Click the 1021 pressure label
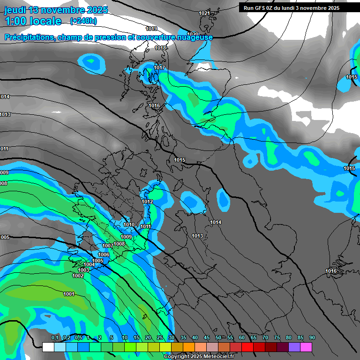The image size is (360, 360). [204, 13]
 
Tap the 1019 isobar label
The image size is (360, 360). [151, 29]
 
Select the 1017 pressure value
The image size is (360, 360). [160, 68]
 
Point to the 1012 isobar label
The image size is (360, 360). [147, 202]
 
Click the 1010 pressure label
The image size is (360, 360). [128, 225]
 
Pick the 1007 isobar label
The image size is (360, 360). [108, 246]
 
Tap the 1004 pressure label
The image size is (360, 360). [89, 265]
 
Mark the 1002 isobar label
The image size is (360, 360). [78, 276]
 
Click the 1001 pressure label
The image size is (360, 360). [69, 294]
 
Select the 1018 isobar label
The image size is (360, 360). [160, 48]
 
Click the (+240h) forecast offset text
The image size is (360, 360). [83, 21]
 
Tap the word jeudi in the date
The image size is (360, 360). [15, 10]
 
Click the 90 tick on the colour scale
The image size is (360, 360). [312, 337]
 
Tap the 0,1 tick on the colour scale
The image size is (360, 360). [54, 337]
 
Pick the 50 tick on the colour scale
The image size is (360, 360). [218, 337]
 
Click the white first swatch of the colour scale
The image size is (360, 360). [48, 347]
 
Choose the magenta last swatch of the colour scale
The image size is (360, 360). [306, 347]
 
